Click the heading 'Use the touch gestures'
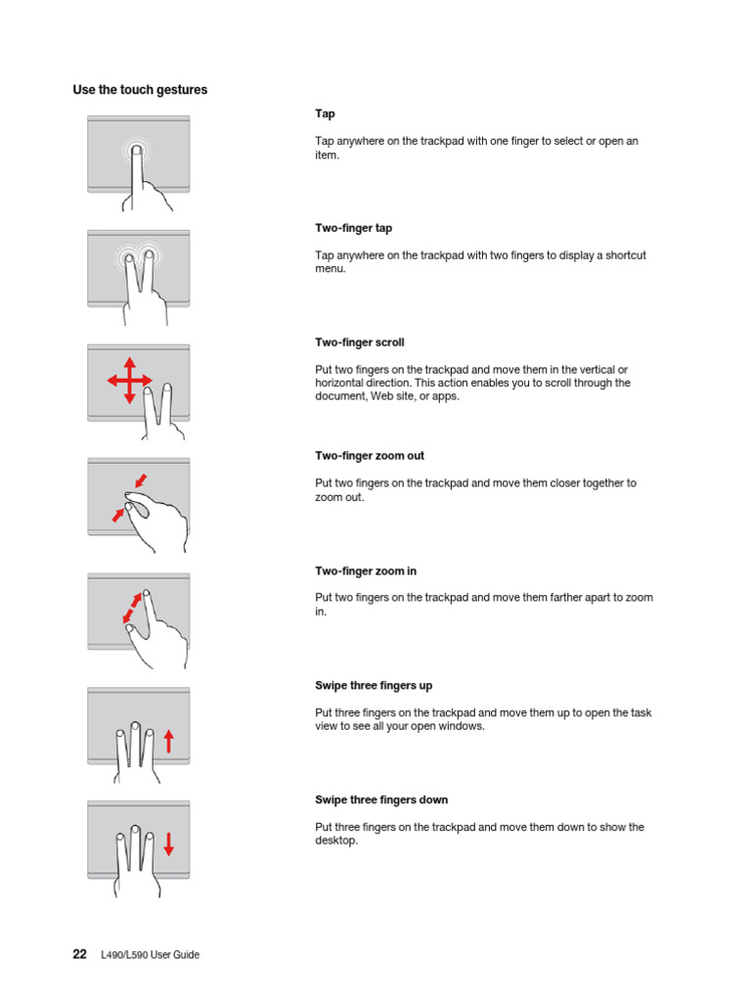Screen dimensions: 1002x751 (140, 90)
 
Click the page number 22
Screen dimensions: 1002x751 (80, 954)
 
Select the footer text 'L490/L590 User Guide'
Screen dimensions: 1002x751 (150, 955)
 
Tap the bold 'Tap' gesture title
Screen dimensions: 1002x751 (325, 114)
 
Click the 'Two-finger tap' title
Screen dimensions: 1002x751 (353, 228)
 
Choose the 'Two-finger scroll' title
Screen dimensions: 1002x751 (359, 342)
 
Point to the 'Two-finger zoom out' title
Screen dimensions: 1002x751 (369, 456)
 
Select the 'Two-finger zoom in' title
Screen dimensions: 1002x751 (365, 570)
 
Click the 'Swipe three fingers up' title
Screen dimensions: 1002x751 (374, 685)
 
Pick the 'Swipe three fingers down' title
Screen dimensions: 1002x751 (380, 799)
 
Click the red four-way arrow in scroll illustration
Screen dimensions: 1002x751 (128, 380)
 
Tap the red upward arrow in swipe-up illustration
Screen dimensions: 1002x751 (168, 741)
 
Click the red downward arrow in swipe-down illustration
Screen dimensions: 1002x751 (168, 843)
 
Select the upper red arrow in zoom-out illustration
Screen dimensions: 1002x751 (143, 479)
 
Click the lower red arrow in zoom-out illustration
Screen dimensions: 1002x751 (119, 514)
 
